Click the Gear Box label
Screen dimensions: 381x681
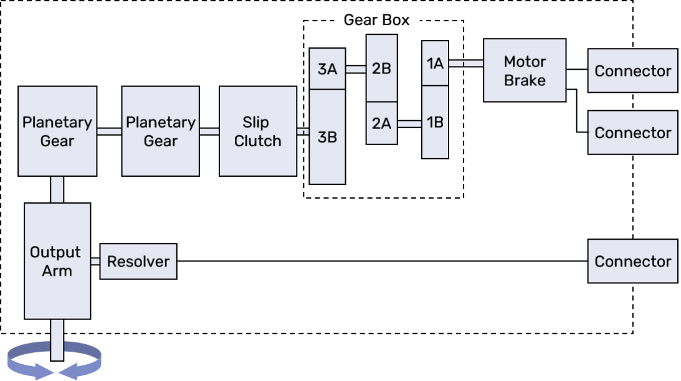click(376, 20)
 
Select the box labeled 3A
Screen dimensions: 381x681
click(327, 68)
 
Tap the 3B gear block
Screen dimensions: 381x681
click(327, 137)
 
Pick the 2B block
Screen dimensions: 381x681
click(381, 68)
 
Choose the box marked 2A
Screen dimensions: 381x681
click(381, 123)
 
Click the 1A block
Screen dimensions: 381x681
click(435, 63)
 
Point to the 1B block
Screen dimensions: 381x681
click(435, 122)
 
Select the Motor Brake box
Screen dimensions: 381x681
click(525, 70)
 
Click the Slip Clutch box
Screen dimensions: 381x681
click(258, 131)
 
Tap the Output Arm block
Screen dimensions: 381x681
click(57, 261)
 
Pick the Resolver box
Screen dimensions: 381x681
click(138, 261)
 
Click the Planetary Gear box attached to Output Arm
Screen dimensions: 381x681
click(57, 131)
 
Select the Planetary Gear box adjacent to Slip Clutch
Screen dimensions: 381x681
click(161, 131)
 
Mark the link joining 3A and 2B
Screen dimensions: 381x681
click(355, 69)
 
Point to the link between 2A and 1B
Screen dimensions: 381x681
click(409, 124)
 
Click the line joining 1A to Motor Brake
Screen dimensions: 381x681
click(465, 63)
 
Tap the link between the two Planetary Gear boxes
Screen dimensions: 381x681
click(109, 131)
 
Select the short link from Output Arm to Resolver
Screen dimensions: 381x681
click(95, 261)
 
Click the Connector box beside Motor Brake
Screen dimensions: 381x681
click(632, 71)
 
